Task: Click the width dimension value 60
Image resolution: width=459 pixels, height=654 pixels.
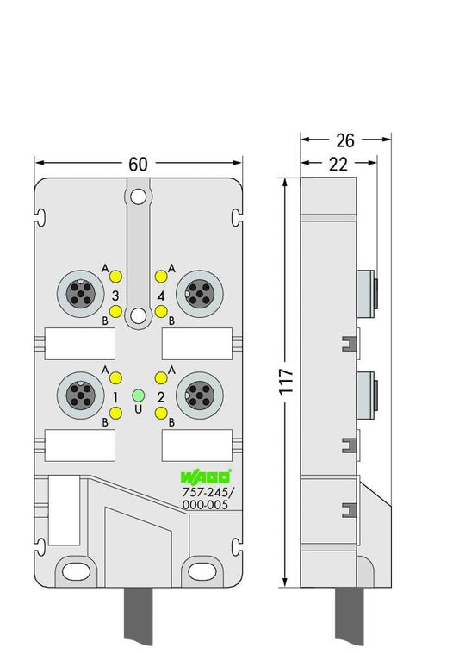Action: [138, 164]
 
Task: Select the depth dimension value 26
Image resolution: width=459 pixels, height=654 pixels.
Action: [345, 140]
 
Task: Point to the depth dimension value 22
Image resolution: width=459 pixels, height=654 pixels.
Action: [338, 165]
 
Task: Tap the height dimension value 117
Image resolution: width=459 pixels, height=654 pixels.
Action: [286, 382]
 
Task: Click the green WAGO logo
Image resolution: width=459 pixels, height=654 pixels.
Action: [206, 476]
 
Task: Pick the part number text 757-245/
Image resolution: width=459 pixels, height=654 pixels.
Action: [208, 492]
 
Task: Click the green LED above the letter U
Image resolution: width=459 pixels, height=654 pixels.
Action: [138, 395]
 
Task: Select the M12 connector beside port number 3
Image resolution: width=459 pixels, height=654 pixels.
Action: [80, 293]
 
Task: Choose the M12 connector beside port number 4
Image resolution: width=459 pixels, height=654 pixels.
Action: [199, 293]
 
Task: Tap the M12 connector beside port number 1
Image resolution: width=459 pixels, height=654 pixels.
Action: [80, 396]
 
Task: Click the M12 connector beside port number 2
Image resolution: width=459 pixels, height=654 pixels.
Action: [199, 396]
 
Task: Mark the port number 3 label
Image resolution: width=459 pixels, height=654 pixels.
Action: [115, 296]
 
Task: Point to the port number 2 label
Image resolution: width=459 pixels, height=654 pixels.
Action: [161, 397]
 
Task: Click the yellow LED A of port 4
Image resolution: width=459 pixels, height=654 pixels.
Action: [161, 276]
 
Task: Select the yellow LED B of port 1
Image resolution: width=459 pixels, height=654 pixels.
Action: [115, 414]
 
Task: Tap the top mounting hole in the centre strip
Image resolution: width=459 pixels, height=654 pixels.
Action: [138, 196]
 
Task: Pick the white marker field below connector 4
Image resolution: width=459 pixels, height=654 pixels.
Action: [196, 344]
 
